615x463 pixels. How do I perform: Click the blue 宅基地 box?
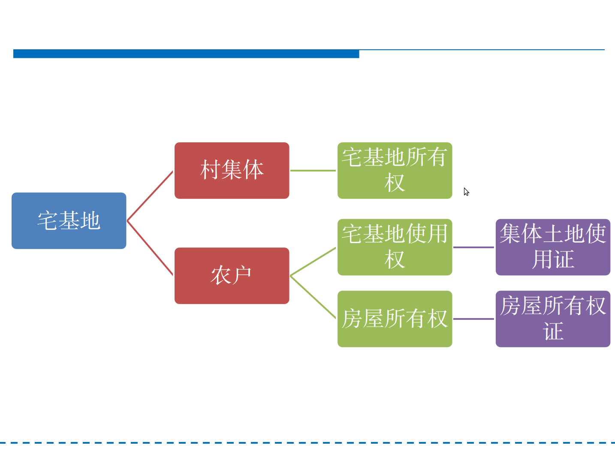tap(69, 221)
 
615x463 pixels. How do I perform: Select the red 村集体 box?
tap(232, 171)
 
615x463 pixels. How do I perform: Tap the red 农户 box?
tap(232, 276)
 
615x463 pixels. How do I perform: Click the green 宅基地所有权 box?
tap(395, 171)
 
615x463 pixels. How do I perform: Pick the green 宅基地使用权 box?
tap(395, 247)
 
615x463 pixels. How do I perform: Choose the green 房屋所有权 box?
tap(395, 319)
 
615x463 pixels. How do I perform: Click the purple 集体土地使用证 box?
tap(553, 247)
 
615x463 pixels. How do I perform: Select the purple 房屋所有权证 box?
tap(553, 319)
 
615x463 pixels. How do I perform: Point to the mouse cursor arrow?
tap(466, 191)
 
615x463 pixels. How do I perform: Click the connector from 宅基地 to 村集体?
tap(150, 196)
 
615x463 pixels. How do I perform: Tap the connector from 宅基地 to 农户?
tap(150, 248)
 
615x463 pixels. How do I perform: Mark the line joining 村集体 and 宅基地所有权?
tap(313, 171)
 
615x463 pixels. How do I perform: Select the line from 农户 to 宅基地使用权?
tap(313, 262)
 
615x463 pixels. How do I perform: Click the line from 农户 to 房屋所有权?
tap(313, 297)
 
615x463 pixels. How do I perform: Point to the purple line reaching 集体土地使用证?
tap(473, 247)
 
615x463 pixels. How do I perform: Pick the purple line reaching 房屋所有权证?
tap(473, 319)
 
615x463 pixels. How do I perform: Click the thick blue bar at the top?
tap(186, 54)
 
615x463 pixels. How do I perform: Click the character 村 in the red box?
tap(211, 170)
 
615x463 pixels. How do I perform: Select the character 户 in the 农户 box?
tap(242, 275)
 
